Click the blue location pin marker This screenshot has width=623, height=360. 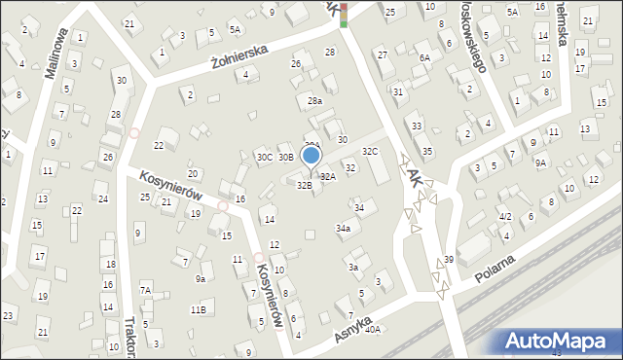311,156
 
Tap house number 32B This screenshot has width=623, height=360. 304,185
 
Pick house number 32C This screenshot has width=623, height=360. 370,151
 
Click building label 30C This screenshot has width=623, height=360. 264,157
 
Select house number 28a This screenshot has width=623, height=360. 314,100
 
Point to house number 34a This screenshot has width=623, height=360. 343,228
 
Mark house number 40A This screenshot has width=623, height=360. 373,329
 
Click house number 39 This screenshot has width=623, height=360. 449,259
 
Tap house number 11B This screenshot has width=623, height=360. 198,309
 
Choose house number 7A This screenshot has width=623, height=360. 145,290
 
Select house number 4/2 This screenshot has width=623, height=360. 504,216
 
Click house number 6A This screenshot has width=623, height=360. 424,57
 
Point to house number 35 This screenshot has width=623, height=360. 427,151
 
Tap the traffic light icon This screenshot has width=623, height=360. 342,11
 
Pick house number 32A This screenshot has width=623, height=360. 328,176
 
